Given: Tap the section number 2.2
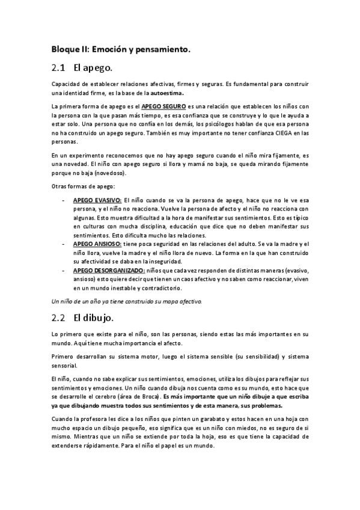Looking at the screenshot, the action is tap(58, 316).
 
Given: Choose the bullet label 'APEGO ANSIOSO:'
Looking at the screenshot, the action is tap(97, 244).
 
